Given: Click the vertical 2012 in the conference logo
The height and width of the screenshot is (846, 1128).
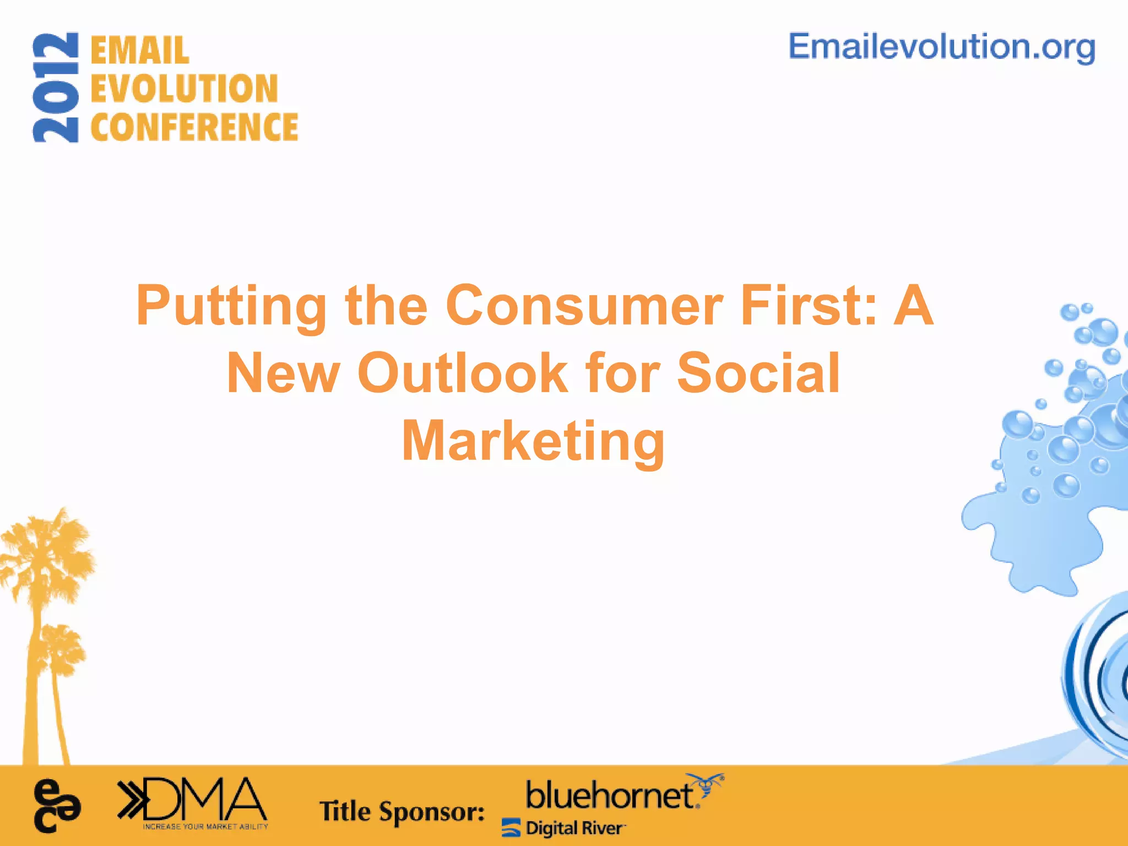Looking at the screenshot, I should click(56, 88).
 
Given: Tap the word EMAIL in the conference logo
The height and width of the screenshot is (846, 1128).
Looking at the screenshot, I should click(140, 51).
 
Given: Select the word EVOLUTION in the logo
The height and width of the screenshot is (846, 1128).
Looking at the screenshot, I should click(185, 89).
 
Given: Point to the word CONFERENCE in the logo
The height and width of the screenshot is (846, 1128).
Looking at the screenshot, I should click(194, 127).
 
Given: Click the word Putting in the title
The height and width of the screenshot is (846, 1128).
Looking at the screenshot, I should click(232, 306).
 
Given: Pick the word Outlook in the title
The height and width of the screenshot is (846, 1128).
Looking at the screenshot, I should click(463, 373).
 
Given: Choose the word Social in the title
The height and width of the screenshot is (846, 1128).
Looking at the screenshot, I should click(758, 373).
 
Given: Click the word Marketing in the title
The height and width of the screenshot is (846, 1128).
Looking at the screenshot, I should click(533, 441).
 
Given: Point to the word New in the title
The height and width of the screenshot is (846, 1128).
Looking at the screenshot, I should click(283, 373).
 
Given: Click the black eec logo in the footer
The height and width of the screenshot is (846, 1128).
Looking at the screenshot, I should click(57, 806).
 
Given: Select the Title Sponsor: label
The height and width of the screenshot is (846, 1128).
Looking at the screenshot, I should click(402, 811).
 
